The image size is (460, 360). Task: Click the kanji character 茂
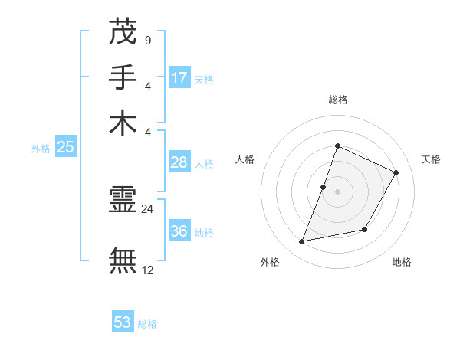click(123, 32)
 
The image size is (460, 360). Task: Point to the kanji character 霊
click(123, 202)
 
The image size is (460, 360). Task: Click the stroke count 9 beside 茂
click(147, 40)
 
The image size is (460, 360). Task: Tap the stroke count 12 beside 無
click(147, 269)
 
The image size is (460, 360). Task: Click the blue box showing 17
click(179, 77)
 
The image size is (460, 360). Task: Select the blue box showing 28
click(179, 162)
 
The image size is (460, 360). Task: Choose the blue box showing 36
click(179, 231)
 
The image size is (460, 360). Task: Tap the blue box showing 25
click(65, 147)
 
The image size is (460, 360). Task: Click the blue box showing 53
click(123, 322)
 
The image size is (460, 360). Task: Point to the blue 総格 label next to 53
click(147, 324)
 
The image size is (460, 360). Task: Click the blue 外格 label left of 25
click(41, 149)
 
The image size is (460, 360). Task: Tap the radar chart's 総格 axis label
click(337, 100)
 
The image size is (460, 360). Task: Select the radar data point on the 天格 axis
click(396, 172)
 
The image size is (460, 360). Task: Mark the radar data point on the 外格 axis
click(302, 242)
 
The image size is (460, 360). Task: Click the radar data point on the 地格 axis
click(365, 229)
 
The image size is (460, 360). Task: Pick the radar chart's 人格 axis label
click(245, 159)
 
